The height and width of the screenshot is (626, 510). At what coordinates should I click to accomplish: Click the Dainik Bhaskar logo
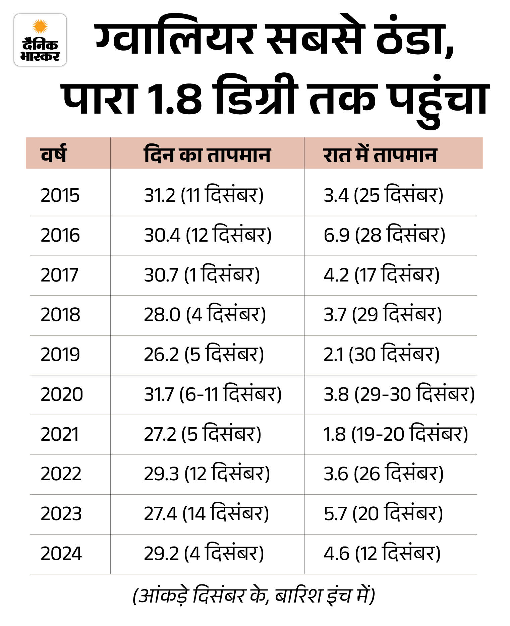(40, 40)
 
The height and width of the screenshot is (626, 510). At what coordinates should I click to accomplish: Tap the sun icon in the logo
(40, 26)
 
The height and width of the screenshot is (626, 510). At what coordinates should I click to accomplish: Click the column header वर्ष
(54, 154)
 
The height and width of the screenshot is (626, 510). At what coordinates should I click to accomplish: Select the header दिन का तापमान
(207, 154)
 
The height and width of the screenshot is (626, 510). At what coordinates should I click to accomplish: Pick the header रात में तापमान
(380, 154)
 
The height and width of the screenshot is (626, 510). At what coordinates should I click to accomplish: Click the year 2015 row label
(60, 195)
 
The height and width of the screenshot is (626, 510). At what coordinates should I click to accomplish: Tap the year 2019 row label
(60, 354)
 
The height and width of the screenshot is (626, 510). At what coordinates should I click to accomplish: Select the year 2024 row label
(61, 553)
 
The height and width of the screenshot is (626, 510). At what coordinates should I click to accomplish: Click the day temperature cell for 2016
(208, 235)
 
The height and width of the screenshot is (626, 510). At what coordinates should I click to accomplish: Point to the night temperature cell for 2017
(382, 274)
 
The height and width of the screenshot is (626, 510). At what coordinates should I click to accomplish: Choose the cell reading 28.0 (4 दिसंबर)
(205, 314)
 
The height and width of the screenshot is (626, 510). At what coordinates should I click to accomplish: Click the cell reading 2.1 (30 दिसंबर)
(382, 354)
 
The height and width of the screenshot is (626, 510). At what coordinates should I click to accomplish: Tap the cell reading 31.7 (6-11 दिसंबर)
(213, 394)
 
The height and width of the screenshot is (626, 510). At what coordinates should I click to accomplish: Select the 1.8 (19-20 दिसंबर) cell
(396, 434)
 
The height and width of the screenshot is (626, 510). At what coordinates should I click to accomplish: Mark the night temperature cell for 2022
(384, 474)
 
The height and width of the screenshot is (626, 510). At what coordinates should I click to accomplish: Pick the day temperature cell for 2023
(206, 513)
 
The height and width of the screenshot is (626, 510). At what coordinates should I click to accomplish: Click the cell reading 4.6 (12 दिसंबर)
(382, 553)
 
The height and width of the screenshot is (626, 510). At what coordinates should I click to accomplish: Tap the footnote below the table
(254, 596)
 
